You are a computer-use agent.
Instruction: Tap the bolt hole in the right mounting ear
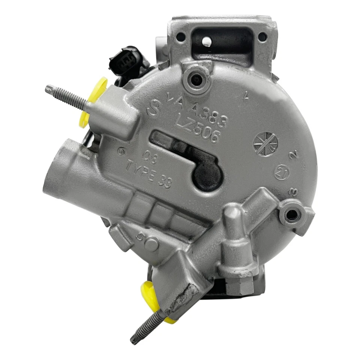pos(291,214)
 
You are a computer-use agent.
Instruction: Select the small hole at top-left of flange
pos(181,37)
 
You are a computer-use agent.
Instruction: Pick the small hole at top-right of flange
pos(262,37)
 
